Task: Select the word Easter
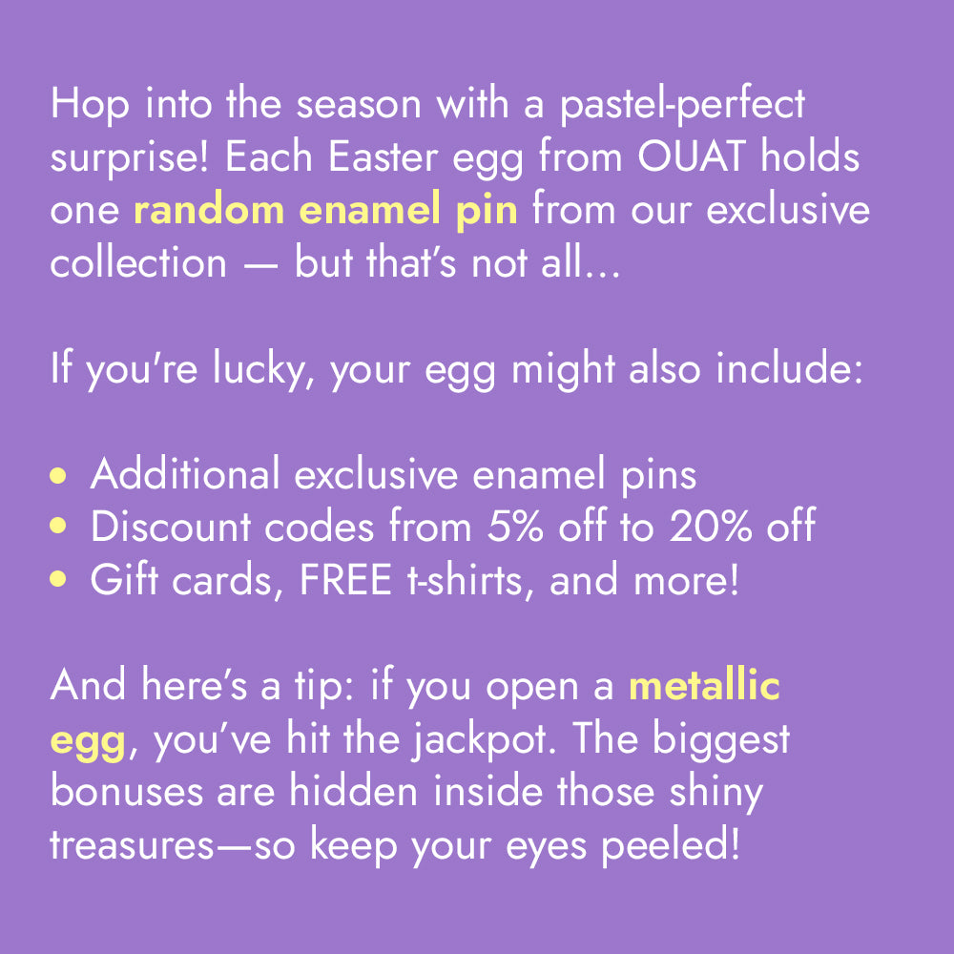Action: pos(383,157)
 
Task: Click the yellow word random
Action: pos(209,210)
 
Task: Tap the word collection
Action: pos(138,263)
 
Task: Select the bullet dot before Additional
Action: pos(58,475)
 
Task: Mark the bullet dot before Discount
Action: pos(58,526)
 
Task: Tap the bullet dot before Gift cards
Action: pos(58,579)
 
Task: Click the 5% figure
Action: pos(515,527)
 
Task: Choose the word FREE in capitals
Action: pos(345,580)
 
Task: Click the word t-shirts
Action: pos(465,580)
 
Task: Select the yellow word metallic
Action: pos(704,686)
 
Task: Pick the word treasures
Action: pos(132,846)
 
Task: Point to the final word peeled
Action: pos(671,846)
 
